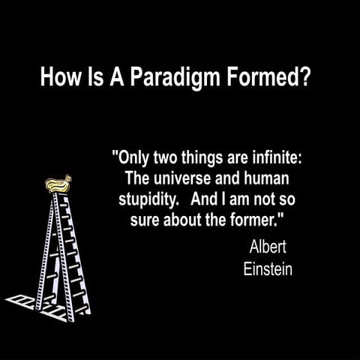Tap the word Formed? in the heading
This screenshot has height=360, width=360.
point(268,77)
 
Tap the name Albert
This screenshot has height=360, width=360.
point(267,247)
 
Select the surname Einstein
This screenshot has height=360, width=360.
point(267,268)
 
